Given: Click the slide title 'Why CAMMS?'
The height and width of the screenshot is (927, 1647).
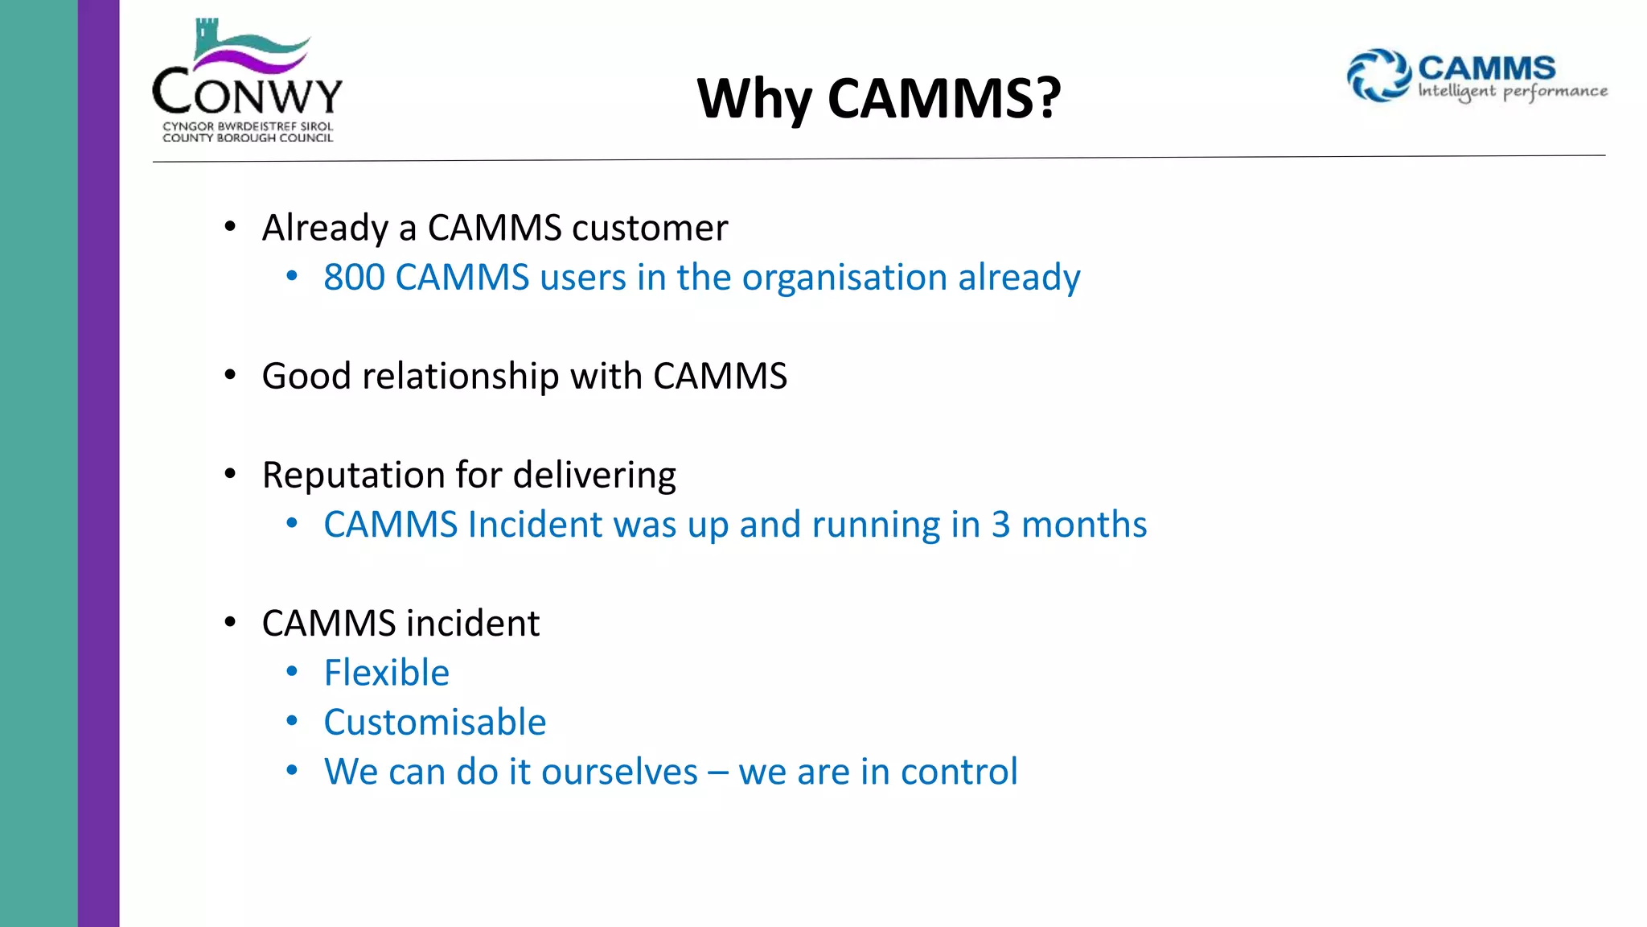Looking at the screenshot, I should click(879, 99).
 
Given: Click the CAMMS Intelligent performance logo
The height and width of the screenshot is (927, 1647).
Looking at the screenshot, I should click(1477, 76).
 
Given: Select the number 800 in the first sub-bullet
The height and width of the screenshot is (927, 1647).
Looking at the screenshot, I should click(354, 278).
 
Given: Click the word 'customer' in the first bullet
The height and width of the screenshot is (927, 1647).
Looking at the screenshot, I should click(650, 228).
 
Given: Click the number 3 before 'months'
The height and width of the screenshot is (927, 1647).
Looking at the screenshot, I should click(1000, 525).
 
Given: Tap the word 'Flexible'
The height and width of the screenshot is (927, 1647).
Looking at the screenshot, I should click(386, 673).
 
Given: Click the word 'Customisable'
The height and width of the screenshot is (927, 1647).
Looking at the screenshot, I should click(434, 723).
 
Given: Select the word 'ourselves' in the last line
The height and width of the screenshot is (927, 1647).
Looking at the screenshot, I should click(619, 772).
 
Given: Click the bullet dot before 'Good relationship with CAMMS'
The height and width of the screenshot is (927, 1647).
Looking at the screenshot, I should click(231, 375).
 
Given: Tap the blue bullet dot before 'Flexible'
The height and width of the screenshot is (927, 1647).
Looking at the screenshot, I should click(292, 671).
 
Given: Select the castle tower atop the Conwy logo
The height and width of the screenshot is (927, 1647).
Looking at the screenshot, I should click(207, 36).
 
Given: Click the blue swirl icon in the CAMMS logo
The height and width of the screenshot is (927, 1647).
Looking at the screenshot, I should click(1378, 76).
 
